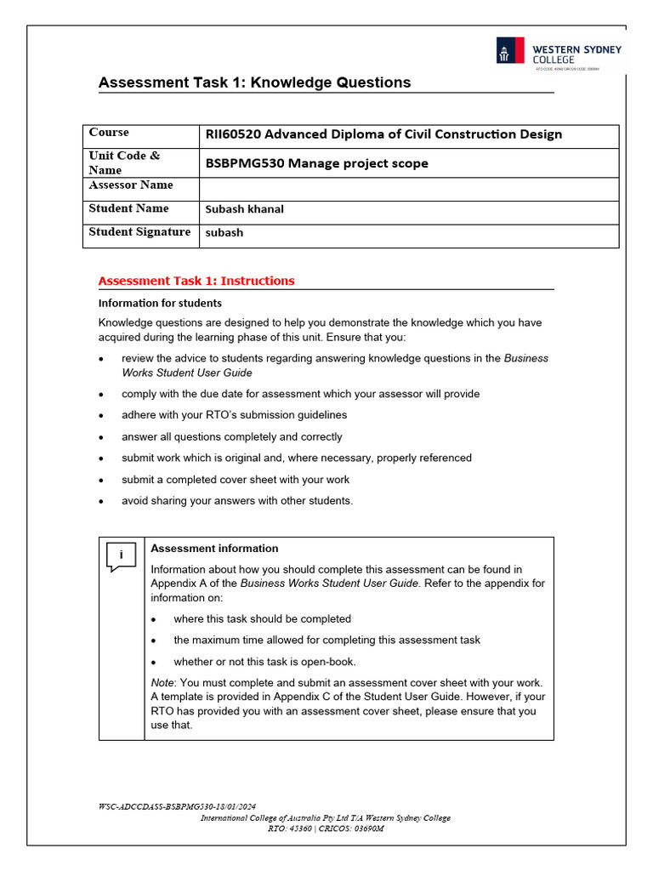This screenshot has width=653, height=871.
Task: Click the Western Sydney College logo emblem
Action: [x=512, y=52]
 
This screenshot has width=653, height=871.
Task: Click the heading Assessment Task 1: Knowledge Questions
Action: [x=254, y=83]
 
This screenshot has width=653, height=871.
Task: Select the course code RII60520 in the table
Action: [x=235, y=134]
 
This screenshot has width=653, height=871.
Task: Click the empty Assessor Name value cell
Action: [x=408, y=188]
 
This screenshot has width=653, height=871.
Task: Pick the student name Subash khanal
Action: [x=244, y=209]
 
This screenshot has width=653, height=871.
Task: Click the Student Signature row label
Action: [x=139, y=232]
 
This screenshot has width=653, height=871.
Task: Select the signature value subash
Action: [x=224, y=233]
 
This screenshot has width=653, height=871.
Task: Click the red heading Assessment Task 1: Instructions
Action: [x=196, y=281]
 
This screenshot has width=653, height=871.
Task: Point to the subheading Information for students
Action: [x=160, y=303]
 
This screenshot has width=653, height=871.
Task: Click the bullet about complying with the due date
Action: [x=300, y=394]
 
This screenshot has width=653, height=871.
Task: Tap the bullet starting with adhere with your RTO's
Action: [x=234, y=415]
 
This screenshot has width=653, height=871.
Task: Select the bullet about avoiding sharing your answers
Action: [x=236, y=501]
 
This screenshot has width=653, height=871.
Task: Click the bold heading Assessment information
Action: [x=214, y=549]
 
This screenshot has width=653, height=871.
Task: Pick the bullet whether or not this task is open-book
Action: [x=264, y=662]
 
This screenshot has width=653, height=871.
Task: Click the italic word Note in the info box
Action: [x=162, y=683]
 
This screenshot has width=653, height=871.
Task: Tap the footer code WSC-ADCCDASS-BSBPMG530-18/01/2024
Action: [x=177, y=806]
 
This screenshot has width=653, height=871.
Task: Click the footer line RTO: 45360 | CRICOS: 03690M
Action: [x=326, y=828]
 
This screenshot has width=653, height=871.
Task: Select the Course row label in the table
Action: [x=109, y=133]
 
